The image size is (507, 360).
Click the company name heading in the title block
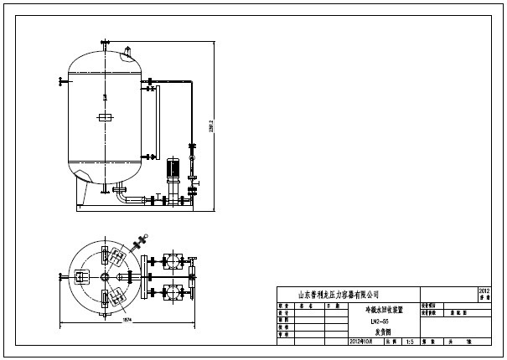(339, 294)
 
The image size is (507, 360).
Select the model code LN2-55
(380, 321)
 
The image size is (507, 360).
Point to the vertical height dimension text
(211, 126)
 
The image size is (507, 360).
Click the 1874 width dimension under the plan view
(127, 319)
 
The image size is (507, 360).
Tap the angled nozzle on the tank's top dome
(127, 56)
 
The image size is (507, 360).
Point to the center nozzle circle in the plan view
(104, 277)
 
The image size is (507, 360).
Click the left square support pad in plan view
(81, 277)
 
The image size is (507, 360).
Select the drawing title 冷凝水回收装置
(380, 309)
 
